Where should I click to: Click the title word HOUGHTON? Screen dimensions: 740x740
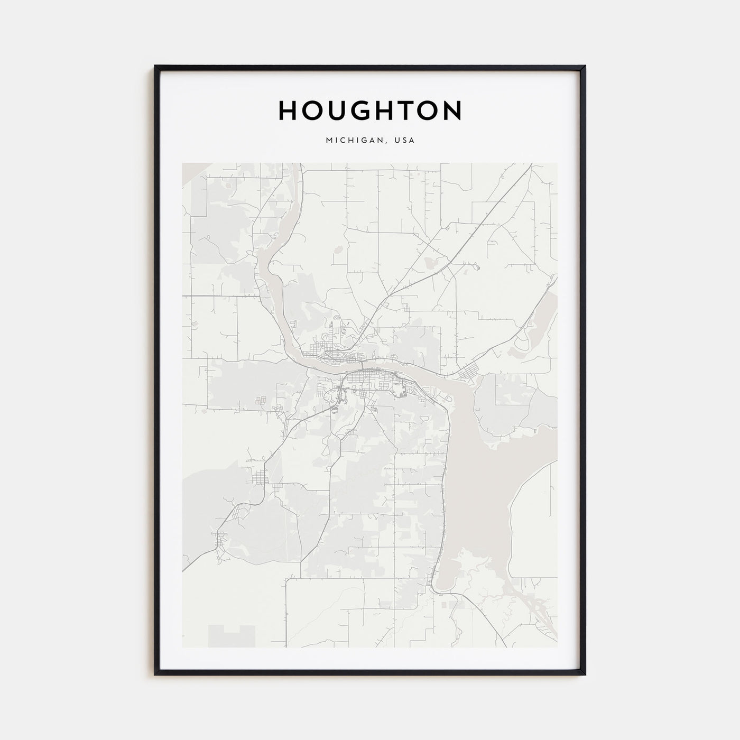pyautogui.click(x=370, y=110)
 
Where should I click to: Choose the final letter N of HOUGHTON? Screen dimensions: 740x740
pyautogui.click(x=452, y=110)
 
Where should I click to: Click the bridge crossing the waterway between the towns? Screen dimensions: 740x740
pyautogui.click(x=362, y=366)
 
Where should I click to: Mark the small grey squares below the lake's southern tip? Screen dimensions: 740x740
pyautogui.click(x=449, y=603)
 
